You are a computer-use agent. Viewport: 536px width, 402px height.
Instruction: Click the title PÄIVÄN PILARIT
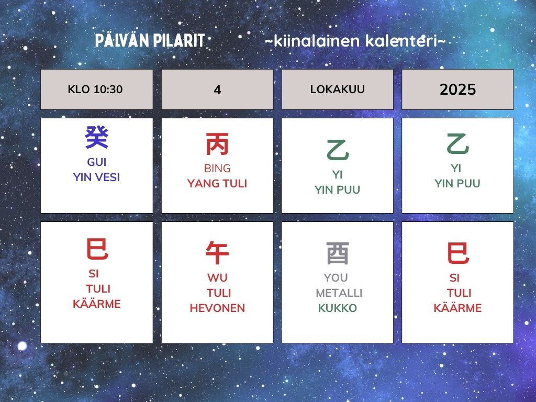click(x=150, y=40)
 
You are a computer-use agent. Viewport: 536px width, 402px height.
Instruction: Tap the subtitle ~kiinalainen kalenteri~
click(x=355, y=41)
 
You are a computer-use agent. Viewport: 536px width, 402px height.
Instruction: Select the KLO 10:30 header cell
click(x=97, y=90)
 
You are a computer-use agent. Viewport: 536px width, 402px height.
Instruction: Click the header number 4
click(x=217, y=90)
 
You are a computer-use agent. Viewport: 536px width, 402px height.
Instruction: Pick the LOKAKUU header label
click(x=338, y=89)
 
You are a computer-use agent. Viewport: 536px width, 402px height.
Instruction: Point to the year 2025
click(x=457, y=90)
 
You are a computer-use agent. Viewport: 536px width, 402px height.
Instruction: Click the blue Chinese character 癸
click(x=97, y=138)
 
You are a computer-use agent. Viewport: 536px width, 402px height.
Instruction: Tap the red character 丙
click(x=217, y=144)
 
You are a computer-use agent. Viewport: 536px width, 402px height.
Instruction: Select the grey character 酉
click(x=338, y=253)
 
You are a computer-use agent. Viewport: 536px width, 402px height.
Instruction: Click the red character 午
click(x=217, y=253)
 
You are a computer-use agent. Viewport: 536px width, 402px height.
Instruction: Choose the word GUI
click(x=97, y=162)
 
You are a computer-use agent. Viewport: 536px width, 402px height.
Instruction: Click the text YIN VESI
click(x=96, y=177)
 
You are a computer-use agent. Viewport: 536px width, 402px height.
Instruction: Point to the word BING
click(x=217, y=168)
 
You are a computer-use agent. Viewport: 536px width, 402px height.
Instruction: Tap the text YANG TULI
click(x=217, y=184)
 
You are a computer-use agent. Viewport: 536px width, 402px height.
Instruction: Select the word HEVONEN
click(x=217, y=308)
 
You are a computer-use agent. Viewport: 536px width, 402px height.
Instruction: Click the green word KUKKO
click(x=338, y=308)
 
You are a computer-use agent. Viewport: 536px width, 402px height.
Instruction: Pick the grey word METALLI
click(x=339, y=293)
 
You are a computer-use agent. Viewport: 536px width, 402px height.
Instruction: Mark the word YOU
click(x=336, y=277)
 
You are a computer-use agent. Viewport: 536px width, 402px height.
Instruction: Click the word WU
click(x=217, y=277)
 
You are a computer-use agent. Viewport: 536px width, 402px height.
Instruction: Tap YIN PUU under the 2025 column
click(x=457, y=184)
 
